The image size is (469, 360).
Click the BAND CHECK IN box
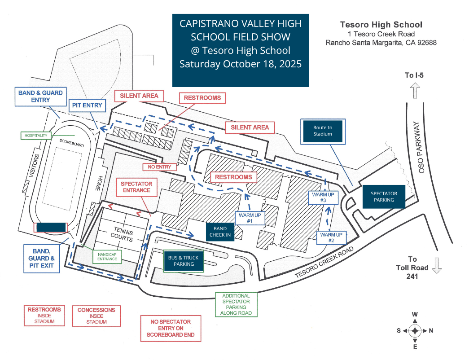220,232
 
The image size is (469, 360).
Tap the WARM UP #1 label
250,218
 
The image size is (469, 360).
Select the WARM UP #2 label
331,237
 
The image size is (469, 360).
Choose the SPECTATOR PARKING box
384,197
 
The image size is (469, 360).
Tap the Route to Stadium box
323,131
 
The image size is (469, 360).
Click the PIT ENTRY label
87,106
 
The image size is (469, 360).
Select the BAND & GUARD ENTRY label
40,97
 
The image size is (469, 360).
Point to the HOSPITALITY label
36,135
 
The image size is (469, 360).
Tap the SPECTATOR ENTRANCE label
136,187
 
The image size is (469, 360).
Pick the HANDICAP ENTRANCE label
107,256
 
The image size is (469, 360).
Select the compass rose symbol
415,331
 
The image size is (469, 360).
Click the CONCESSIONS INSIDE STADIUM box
96,316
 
